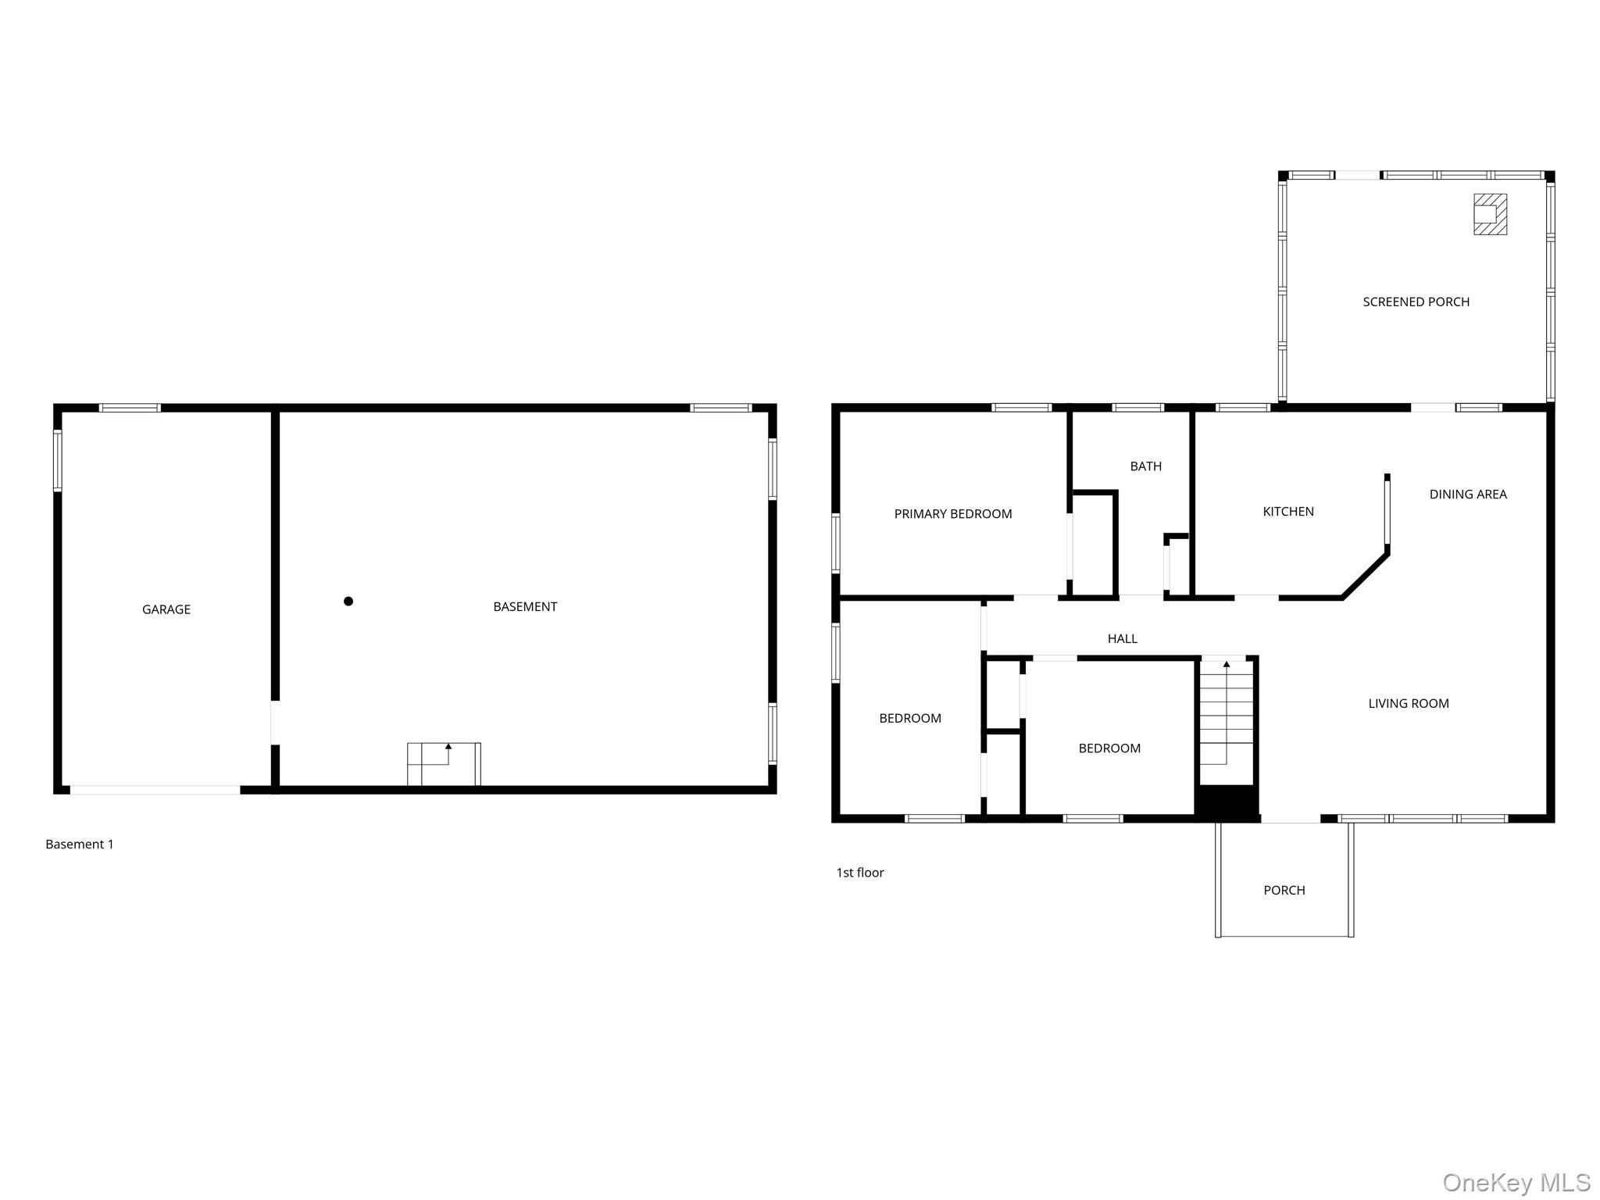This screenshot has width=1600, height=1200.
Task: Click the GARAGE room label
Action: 166,609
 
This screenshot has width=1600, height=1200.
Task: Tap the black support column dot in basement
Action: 348,601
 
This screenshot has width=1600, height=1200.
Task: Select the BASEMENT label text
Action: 524,606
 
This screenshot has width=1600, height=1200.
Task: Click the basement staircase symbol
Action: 444,764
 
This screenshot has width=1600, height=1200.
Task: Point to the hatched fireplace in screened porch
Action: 1490,214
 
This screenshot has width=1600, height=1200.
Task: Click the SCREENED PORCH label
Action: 1416,302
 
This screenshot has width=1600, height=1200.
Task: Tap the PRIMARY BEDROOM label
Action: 952,513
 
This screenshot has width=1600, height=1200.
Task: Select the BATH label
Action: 1145,466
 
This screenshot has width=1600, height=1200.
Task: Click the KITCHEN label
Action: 1287,511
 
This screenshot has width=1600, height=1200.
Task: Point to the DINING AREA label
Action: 1467,494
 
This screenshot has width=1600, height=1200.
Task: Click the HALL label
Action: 1122,638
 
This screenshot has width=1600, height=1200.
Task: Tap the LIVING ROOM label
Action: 1408,703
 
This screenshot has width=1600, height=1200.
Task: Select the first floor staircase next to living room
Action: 1227,719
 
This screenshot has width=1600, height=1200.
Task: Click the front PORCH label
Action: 1284,890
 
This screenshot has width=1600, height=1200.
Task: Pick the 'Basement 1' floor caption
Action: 80,844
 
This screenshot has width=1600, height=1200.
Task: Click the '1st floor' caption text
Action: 859,872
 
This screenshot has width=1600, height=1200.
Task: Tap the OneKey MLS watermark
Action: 1516,1183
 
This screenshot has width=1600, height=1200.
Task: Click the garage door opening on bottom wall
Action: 155,790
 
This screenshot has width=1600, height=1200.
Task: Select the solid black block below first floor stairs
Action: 1227,803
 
